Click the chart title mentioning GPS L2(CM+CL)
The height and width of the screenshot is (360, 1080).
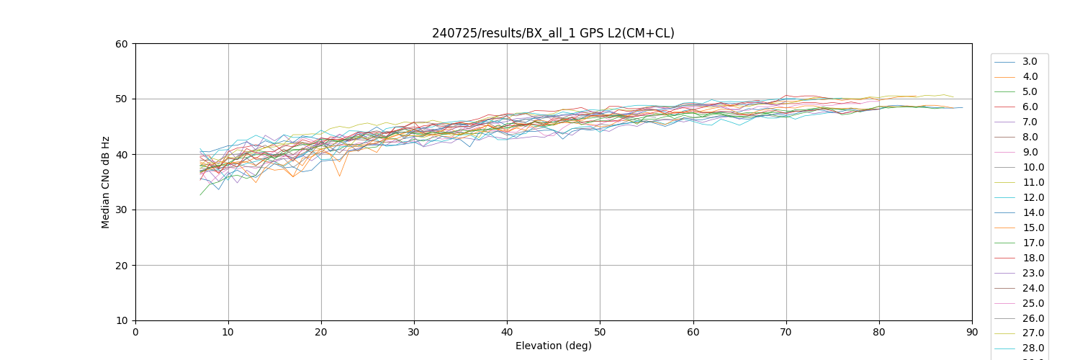[553, 33]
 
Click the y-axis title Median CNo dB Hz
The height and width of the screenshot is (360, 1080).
[106, 182]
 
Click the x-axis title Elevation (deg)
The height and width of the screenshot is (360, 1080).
[553, 346]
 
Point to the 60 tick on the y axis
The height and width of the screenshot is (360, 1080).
[121, 44]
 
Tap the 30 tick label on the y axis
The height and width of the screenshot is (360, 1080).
[121, 210]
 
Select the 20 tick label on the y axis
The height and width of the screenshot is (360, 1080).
[121, 266]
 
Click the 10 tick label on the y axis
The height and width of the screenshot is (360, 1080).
[121, 321]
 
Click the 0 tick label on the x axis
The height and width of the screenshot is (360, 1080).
[135, 332]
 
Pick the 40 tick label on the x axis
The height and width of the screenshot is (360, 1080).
[507, 332]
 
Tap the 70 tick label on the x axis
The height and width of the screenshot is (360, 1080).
[786, 332]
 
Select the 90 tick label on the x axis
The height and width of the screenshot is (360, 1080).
[972, 332]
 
